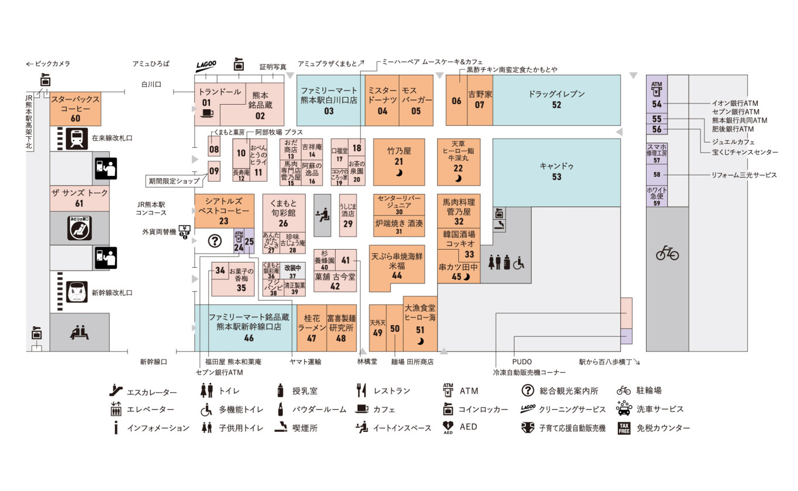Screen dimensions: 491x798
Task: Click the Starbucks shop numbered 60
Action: tap(75, 109)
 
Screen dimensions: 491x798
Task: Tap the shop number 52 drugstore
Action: tap(556, 99)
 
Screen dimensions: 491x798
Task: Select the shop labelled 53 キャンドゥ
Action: tap(556, 171)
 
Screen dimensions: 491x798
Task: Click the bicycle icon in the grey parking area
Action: tap(667, 254)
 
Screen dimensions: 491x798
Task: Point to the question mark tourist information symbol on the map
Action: tap(215, 240)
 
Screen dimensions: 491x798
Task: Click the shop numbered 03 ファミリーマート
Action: tap(329, 99)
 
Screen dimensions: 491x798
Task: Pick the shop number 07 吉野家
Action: tap(479, 99)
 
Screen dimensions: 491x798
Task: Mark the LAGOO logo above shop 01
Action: tap(206, 65)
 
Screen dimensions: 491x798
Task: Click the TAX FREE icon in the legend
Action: tap(624, 428)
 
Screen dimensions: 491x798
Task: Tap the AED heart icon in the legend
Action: tap(448, 428)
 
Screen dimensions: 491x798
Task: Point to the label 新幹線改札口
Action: tap(112, 293)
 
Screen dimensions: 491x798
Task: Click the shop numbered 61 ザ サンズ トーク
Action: tap(79, 198)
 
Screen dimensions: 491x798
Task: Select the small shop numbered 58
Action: tap(657, 175)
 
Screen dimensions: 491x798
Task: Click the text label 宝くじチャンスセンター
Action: tap(745, 153)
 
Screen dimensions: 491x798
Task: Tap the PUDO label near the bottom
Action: tap(522, 362)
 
